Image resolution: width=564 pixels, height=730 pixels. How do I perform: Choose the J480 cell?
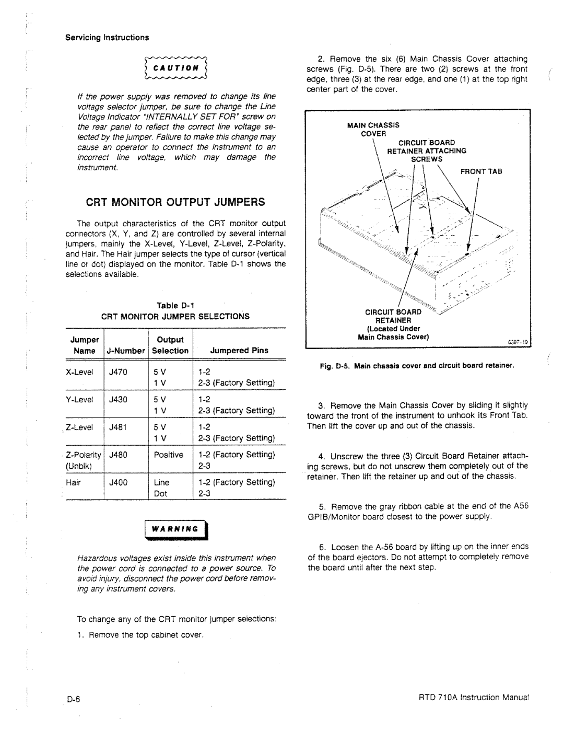pos(119,455)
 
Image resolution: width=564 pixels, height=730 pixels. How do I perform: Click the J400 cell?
pos(119,483)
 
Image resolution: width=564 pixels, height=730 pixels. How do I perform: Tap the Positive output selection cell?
pos(169,455)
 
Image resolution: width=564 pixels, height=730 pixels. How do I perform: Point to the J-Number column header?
pos(125,351)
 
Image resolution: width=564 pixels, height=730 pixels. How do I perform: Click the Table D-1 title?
pos(175,306)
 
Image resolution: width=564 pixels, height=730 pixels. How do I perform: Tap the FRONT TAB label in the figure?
pos(480,171)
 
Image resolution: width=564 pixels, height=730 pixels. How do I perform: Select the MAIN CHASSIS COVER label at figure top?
pos(373,129)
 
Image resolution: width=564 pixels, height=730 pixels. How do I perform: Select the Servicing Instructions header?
pos(107,38)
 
